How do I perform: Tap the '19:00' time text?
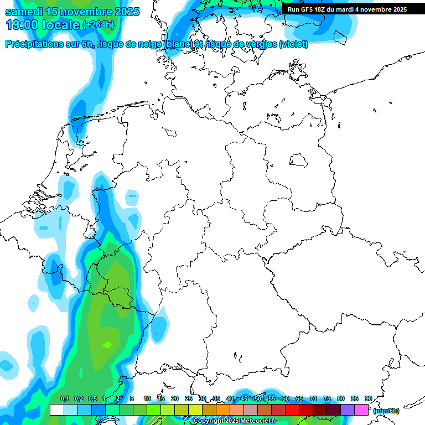click(23, 25)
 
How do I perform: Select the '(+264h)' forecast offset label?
click(99, 25)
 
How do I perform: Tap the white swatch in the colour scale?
click(56, 410)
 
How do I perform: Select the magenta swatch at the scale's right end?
click(361, 410)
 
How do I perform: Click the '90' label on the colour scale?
click(369, 399)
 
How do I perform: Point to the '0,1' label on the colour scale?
click(65, 399)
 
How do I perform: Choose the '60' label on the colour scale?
click(286, 399)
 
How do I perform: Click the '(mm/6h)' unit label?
click(386, 411)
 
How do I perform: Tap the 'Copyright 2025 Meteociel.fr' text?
click(235, 421)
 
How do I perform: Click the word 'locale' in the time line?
click(60, 25)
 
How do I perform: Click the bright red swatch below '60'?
click(292, 410)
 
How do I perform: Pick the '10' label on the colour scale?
click(147, 399)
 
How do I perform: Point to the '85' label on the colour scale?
click(355, 399)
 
